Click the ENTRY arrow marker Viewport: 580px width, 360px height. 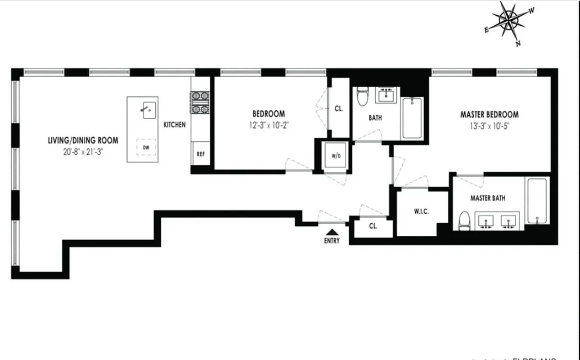click(332, 231)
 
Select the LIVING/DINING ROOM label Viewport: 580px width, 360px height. click(83, 140)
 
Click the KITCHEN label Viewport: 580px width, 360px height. click(174, 125)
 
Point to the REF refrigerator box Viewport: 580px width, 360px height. click(201, 153)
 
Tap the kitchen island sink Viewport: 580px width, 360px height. click(149, 110)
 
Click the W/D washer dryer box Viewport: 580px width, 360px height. click(336, 156)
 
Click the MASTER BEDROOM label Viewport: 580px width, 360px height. click(489, 115)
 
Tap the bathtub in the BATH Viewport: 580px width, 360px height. click(413, 118)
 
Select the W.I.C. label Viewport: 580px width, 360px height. click(421, 211)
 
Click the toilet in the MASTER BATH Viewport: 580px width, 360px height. click(464, 221)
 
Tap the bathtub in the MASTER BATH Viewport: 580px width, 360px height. click(537, 200)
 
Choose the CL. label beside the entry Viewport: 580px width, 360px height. click(373, 226)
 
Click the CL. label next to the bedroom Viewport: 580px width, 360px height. click(339, 108)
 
